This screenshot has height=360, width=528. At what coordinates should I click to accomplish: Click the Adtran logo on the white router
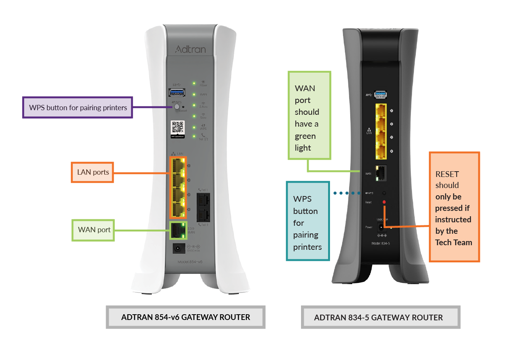pyautogui.click(x=190, y=49)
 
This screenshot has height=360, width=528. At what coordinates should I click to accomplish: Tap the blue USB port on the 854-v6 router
pyautogui.click(x=177, y=92)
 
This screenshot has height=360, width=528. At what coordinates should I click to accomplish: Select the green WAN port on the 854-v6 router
pyautogui.click(x=178, y=230)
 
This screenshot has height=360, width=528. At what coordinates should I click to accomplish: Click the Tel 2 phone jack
pyautogui.click(x=203, y=215)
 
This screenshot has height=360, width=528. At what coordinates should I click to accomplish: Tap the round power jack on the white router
pyautogui.click(x=178, y=249)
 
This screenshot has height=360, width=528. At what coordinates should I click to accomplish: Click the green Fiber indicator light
pyautogui.click(x=194, y=83)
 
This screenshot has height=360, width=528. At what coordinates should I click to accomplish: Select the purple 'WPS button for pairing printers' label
pyautogui.click(x=77, y=108)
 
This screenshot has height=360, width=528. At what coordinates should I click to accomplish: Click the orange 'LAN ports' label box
pyautogui.click(x=93, y=172)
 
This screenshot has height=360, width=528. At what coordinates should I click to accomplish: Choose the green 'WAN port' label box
pyautogui.click(x=93, y=230)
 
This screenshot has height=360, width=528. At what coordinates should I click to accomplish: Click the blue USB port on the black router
pyautogui.click(x=381, y=94)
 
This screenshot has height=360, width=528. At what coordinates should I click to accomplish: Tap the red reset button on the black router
pyautogui.click(x=384, y=202)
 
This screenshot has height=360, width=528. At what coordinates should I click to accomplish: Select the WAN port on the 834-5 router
pyautogui.click(x=381, y=174)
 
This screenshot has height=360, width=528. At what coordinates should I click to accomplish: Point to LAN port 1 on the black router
pyautogui.click(x=381, y=111)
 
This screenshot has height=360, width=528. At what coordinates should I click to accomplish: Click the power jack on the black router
pyautogui.click(x=381, y=228)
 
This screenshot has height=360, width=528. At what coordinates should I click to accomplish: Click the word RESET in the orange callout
pyautogui.click(x=447, y=174)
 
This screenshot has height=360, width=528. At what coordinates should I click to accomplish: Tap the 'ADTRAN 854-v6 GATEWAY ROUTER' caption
pyautogui.click(x=185, y=317)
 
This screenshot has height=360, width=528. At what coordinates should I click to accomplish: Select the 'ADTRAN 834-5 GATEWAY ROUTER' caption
pyautogui.click(x=378, y=318)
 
